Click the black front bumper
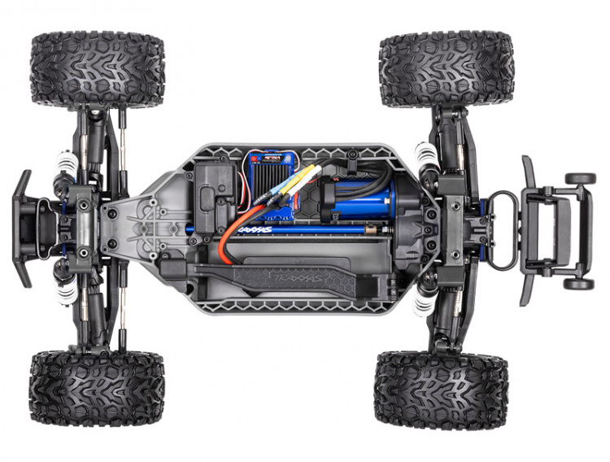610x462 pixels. pos(21,229)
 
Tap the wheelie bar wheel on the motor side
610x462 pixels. pos(581,178)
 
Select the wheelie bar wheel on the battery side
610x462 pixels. pos(579,284)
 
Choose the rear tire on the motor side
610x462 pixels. pos(446,69)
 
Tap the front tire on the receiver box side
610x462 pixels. pos(98,70)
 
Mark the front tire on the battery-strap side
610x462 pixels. pos(97,388)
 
